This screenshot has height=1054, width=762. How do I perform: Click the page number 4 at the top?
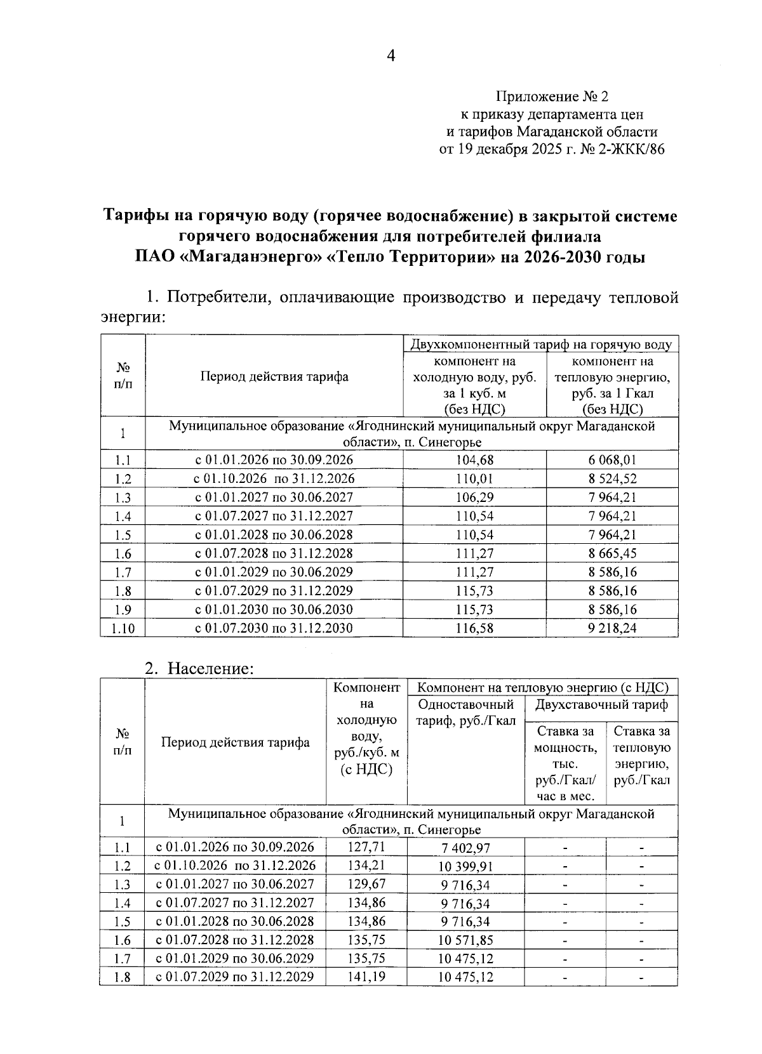click(x=391, y=57)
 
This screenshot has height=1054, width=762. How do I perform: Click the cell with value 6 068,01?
click(x=612, y=460)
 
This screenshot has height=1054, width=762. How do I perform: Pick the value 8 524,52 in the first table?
click(x=612, y=479)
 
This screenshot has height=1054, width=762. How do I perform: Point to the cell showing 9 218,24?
click(x=612, y=629)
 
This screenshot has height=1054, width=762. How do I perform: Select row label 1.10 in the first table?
click(x=123, y=629)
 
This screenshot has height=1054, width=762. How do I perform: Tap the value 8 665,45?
click(x=612, y=554)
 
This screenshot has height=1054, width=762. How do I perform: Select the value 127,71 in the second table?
click(x=366, y=846)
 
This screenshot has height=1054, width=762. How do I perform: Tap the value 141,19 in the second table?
click(x=366, y=976)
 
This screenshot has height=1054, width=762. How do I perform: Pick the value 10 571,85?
click(x=465, y=940)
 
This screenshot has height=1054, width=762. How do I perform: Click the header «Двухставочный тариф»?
click(x=601, y=704)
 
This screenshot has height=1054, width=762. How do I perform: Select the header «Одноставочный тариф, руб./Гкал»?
click(x=465, y=713)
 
